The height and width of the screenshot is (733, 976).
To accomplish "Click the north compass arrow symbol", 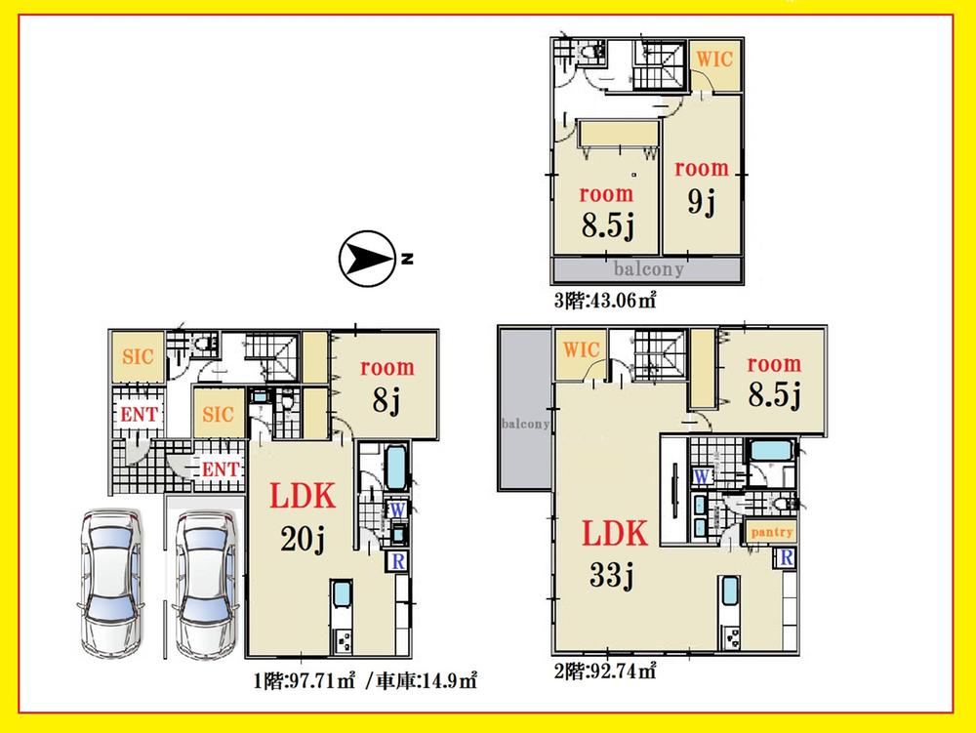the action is pyautogui.click(x=367, y=259).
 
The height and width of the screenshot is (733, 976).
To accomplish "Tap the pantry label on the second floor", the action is pyautogui.click(x=772, y=532).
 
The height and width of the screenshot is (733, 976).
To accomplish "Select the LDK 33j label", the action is pyautogui.click(x=614, y=553).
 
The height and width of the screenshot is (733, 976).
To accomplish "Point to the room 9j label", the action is pyautogui.click(x=702, y=186).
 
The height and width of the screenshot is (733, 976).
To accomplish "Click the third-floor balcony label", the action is pyautogui.click(x=649, y=268).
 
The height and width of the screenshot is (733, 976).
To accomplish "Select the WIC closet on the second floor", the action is pyautogui.click(x=582, y=354).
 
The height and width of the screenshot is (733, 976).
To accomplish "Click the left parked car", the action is pyautogui.click(x=112, y=583).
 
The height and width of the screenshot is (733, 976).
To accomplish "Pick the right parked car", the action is pyautogui.click(x=205, y=584).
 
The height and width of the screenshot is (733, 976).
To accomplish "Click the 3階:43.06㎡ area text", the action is pyautogui.click(x=605, y=301).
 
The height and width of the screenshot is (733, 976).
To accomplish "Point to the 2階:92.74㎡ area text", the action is pyautogui.click(x=605, y=671).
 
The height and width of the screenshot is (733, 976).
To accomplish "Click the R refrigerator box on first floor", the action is pyautogui.click(x=398, y=560).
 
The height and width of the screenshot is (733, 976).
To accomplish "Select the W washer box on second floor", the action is pyautogui.click(x=702, y=476).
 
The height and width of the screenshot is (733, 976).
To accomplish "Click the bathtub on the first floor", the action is pyautogui.click(x=396, y=468).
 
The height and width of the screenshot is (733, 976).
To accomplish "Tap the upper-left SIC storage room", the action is pyautogui.click(x=138, y=357).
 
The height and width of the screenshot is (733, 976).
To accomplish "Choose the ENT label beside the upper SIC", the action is pyautogui.click(x=139, y=415).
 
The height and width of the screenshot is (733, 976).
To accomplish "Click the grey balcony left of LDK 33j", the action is pyautogui.click(x=525, y=408).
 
